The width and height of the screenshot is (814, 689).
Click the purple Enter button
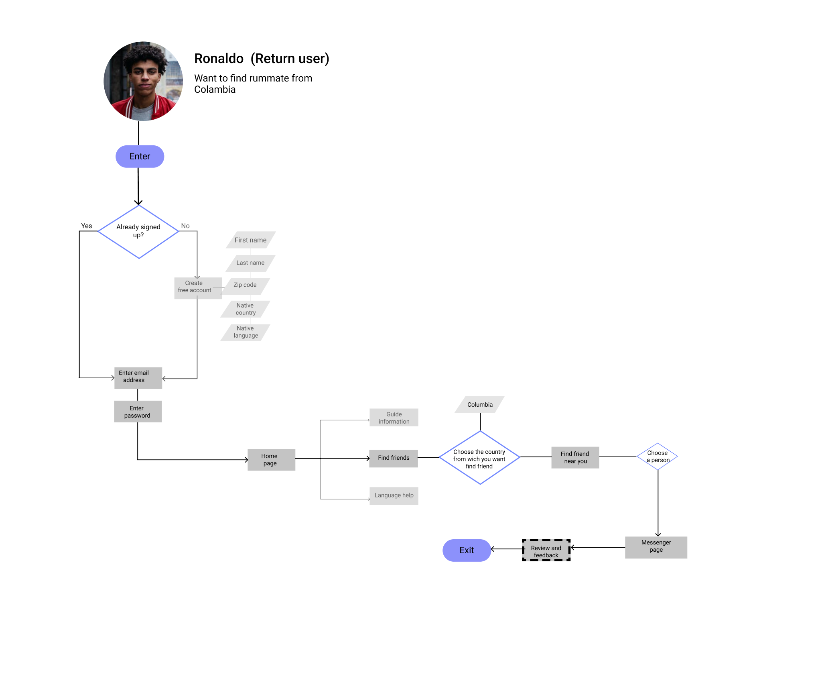[x=140, y=156]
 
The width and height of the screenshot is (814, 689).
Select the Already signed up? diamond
[x=138, y=232]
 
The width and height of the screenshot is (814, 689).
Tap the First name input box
[x=250, y=240]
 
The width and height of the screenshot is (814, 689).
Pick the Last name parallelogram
[x=250, y=263]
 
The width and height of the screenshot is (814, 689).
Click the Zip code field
[x=246, y=285]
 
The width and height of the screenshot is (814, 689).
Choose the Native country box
[x=246, y=309]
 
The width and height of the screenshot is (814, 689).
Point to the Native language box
[x=246, y=332]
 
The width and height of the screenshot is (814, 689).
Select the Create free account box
[x=197, y=288]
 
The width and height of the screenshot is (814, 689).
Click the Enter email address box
[x=138, y=377]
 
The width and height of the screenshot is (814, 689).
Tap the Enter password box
[x=138, y=411]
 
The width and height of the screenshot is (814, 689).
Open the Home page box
[x=271, y=460]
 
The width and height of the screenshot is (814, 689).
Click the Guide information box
[x=394, y=417]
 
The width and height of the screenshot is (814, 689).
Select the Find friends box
[x=393, y=458]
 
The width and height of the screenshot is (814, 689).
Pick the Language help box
[x=394, y=495]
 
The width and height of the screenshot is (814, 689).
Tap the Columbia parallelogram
[x=479, y=404]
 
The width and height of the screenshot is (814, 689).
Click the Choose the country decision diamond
[x=479, y=458]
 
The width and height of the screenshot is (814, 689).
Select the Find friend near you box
[x=575, y=457]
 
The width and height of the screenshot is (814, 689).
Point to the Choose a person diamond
[x=657, y=456]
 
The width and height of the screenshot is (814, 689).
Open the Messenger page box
[x=656, y=547]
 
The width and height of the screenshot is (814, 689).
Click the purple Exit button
[x=467, y=550]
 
